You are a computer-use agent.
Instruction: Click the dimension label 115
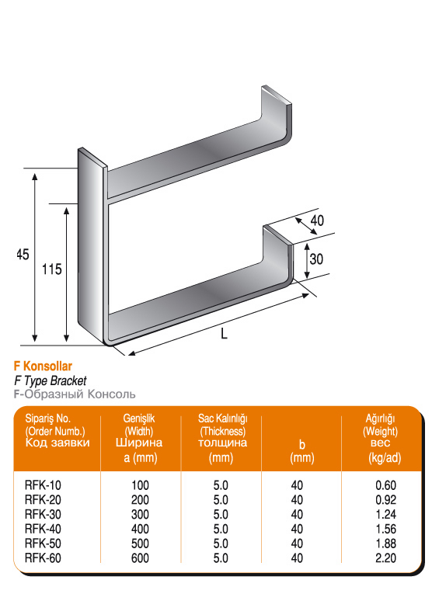point(51,269)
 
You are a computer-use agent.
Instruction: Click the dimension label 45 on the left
point(23,254)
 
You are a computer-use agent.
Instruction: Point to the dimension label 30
point(316,259)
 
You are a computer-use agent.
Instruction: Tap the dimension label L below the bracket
point(224,333)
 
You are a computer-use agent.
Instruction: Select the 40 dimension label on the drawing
point(317,221)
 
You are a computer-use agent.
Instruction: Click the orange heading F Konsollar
point(43,366)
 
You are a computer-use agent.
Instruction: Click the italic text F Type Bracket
point(51,380)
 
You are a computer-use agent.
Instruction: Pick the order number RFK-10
point(43,485)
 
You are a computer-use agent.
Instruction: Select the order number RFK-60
point(43,558)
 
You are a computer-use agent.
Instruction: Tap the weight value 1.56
point(386,529)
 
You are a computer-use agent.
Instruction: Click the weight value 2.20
point(386,558)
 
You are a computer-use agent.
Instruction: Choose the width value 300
point(140,515)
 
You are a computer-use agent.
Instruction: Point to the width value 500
point(140,544)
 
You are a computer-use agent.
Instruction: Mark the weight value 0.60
point(386,485)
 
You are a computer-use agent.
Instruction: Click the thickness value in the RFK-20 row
point(221,500)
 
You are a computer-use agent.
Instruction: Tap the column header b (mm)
point(302,452)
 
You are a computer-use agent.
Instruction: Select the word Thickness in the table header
point(222,431)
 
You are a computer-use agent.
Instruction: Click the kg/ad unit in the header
point(385,458)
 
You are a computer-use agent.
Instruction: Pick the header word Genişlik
point(139,419)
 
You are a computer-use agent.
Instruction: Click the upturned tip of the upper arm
point(277,95)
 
